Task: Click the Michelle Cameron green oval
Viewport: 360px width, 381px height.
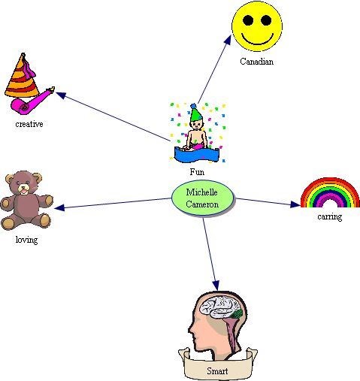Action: click(x=203, y=198)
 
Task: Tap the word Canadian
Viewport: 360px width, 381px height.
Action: click(x=256, y=62)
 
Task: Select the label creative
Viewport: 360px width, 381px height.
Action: click(x=29, y=124)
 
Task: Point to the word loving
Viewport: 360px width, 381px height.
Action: click(x=26, y=240)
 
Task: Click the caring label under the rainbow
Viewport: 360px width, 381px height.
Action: click(x=329, y=216)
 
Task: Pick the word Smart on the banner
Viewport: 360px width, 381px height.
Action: click(x=217, y=370)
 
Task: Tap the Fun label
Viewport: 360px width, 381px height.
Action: click(x=197, y=172)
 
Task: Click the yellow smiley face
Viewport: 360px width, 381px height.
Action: click(x=257, y=26)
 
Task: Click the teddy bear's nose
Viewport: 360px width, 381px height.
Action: click(x=23, y=188)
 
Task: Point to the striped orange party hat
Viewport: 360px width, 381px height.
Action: click(x=22, y=76)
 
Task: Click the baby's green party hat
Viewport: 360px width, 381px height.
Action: click(x=195, y=112)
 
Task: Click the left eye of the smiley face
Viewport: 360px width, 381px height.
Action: click(x=248, y=20)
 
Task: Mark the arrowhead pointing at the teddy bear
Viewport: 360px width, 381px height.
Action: click(x=59, y=207)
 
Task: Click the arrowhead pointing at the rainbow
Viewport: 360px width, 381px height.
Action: click(x=295, y=204)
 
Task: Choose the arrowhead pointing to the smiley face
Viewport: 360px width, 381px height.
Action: click(x=228, y=40)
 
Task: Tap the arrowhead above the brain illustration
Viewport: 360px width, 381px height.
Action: click(x=216, y=286)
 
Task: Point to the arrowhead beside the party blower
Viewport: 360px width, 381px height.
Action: click(x=61, y=95)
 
